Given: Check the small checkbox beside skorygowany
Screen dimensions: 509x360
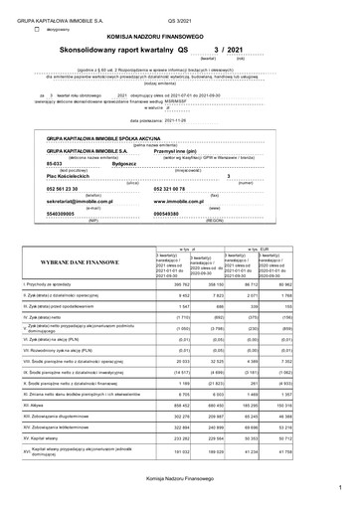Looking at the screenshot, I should click(x=38, y=29).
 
